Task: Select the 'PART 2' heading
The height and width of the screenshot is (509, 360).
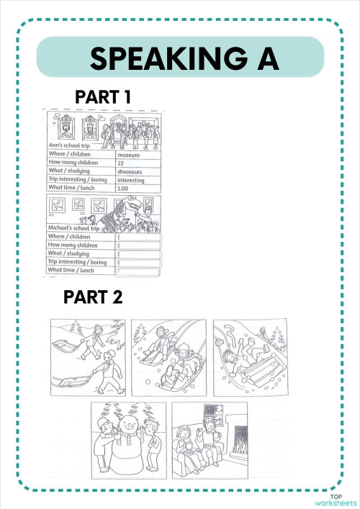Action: coord(93,296)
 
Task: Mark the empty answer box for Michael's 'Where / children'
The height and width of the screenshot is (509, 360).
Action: coord(139,236)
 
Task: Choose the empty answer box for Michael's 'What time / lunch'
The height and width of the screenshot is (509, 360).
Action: coord(139,271)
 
